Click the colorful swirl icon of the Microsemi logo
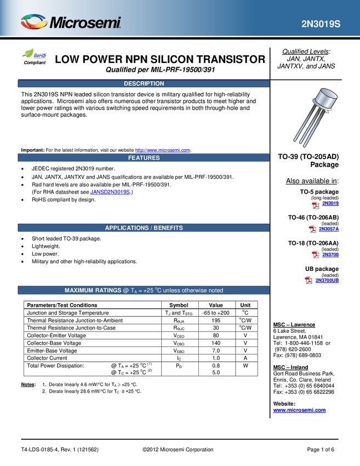(x=33, y=22)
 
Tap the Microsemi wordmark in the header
(x=85, y=24)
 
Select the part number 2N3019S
(x=321, y=25)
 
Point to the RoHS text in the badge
(x=40, y=55)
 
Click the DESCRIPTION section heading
(x=144, y=84)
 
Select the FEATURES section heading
(x=144, y=158)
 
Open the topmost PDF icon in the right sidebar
(x=316, y=205)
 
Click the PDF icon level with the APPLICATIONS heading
(x=312, y=230)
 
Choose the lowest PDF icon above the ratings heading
(x=308, y=280)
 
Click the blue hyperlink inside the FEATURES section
(x=110, y=192)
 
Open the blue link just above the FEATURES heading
(x=163, y=149)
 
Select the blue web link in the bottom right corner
(x=299, y=410)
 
